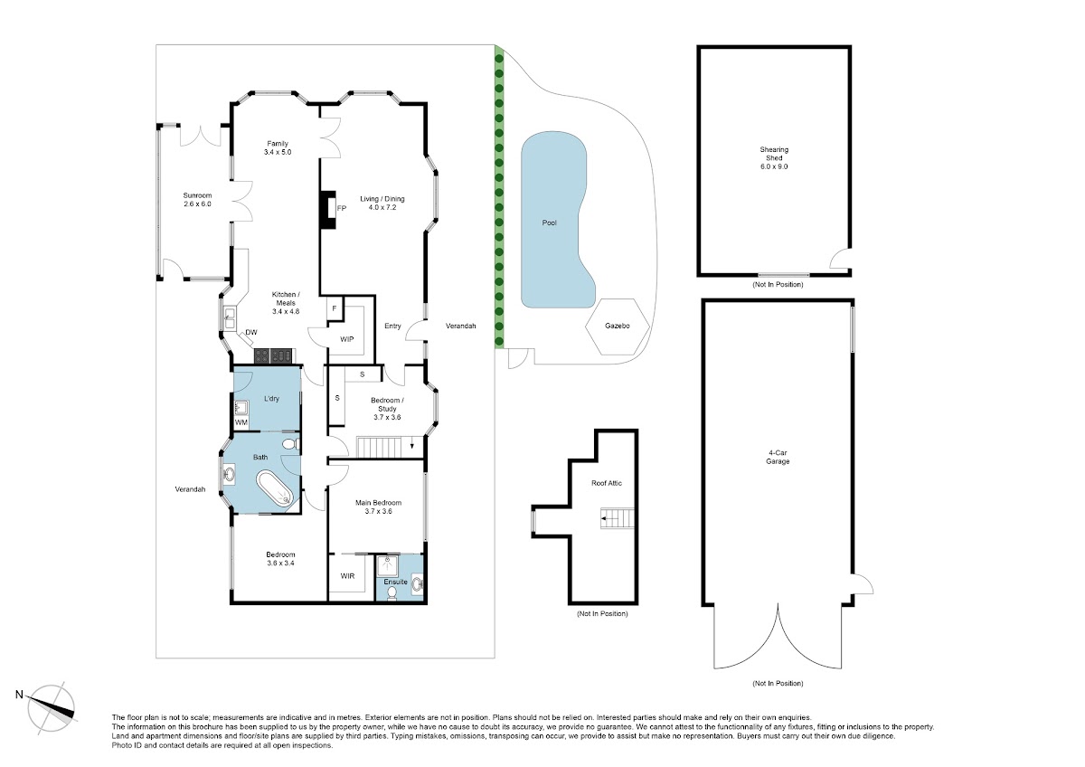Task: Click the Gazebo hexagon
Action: [617, 327]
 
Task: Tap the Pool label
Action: [550, 223]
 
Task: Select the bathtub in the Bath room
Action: [275, 489]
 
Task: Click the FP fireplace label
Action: [342, 208]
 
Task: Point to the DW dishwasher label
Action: [251, 332]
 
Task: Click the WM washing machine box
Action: [241, 422]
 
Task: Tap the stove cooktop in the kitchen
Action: [273, 356]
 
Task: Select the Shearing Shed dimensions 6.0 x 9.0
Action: [774, 166]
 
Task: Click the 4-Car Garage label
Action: [778, 458]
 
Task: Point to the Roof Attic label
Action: [607, 483]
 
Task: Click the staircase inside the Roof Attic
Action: [618, 518]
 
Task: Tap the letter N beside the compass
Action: [19, 695]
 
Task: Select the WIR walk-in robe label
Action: [347, 576]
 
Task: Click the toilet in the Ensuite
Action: [392, 592]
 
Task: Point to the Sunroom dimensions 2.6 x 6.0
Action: [197, 204]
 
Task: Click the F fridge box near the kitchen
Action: [335, 308]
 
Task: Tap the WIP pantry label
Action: [347, 339]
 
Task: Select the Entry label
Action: [392, 327]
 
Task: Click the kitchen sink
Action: [229, 317]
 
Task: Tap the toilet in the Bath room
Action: [290, 444]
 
